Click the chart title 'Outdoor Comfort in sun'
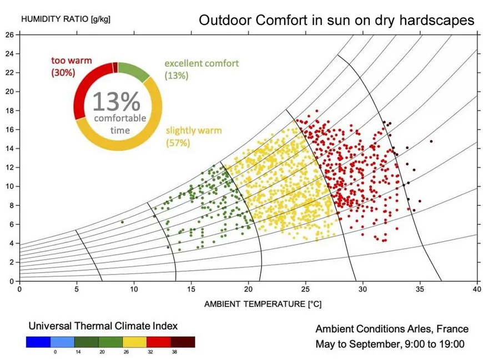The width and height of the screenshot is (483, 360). [336, 21]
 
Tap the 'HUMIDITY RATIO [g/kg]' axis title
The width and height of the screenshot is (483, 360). [66, 19]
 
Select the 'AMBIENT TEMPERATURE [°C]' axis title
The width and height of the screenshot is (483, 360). [263, 304]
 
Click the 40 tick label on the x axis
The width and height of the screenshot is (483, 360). [477, 290]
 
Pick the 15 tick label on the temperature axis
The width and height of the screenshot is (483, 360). [191, 290]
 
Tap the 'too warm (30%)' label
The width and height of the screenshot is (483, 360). [71, 66]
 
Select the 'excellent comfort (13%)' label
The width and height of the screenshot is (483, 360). [202, 69]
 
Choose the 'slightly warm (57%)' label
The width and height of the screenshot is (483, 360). [194, 136]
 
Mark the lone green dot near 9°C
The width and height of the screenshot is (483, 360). [122, 222]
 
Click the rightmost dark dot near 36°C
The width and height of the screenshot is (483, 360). [431, 141]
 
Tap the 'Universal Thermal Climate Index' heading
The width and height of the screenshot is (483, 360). [103, 326]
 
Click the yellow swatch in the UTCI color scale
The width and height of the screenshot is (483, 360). [134, 342]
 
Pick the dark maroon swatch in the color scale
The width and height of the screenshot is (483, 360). [183, 342]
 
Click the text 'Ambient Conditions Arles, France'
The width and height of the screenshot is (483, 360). [392, 329]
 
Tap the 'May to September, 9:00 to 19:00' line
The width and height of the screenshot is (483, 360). [390, 344]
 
